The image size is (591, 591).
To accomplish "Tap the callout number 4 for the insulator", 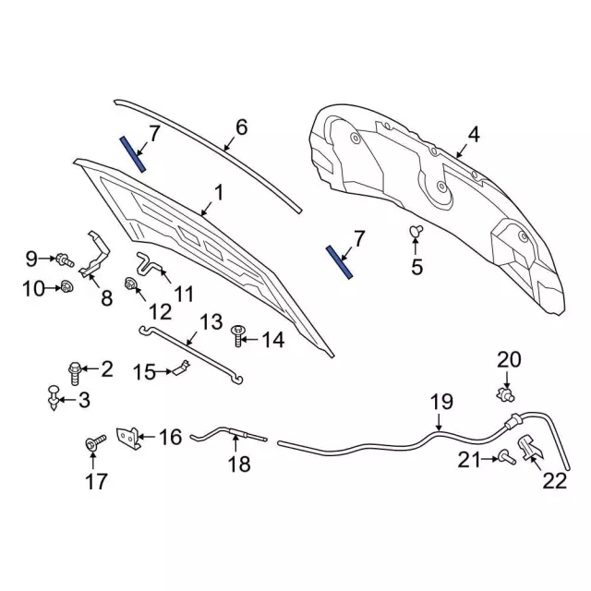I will tap(473, 136).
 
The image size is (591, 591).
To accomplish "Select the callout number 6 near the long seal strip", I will tap(242, 127).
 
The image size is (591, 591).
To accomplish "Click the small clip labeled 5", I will tap(416, 230).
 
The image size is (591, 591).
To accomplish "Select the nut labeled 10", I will tap(66, 289).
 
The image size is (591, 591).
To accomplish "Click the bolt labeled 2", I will tap(78, 370).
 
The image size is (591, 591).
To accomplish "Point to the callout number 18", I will tap(239, 464).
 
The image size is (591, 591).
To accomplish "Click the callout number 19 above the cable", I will tap(442, 402).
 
